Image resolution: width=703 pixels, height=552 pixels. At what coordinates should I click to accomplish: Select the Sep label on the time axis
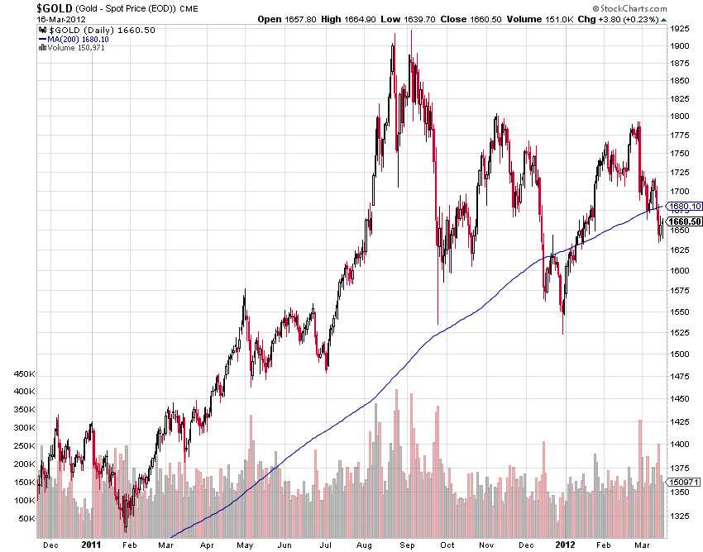coord(407,545)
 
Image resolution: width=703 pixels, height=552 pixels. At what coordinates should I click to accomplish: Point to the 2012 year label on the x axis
coord(564,545)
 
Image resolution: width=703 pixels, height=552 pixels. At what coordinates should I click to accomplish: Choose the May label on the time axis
coord(244,545)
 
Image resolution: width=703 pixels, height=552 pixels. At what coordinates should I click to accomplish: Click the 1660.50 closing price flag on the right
coord(684,221)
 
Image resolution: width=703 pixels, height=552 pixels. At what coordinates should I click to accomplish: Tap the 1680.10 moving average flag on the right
coord(684,207)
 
